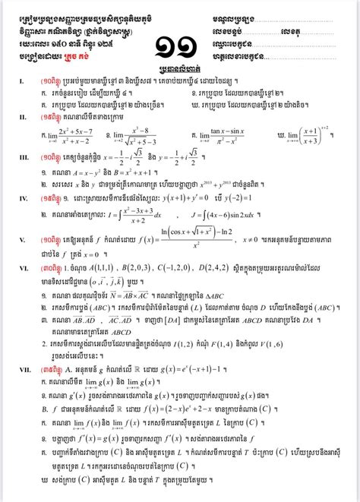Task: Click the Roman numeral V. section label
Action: tap(11, 243)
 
